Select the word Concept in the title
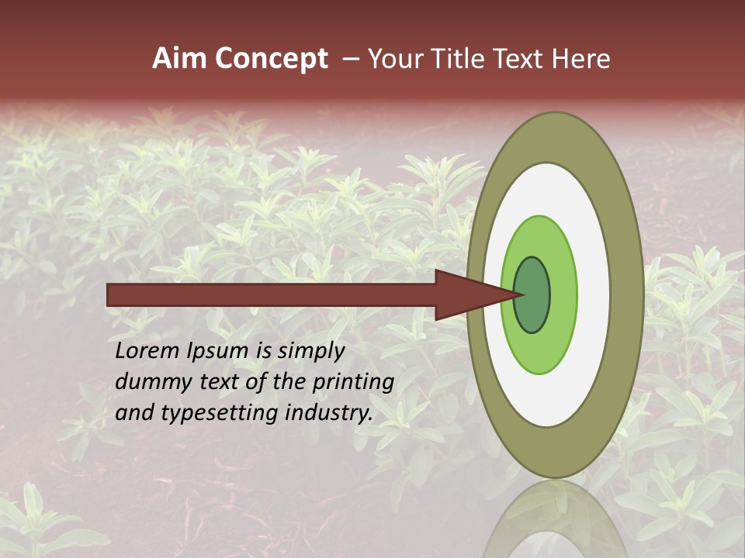coord(272,60)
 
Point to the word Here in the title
coord(581,59)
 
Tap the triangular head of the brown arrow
coord(473,295)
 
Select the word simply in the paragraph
coord(311,352)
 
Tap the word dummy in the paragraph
coord(148,383)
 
